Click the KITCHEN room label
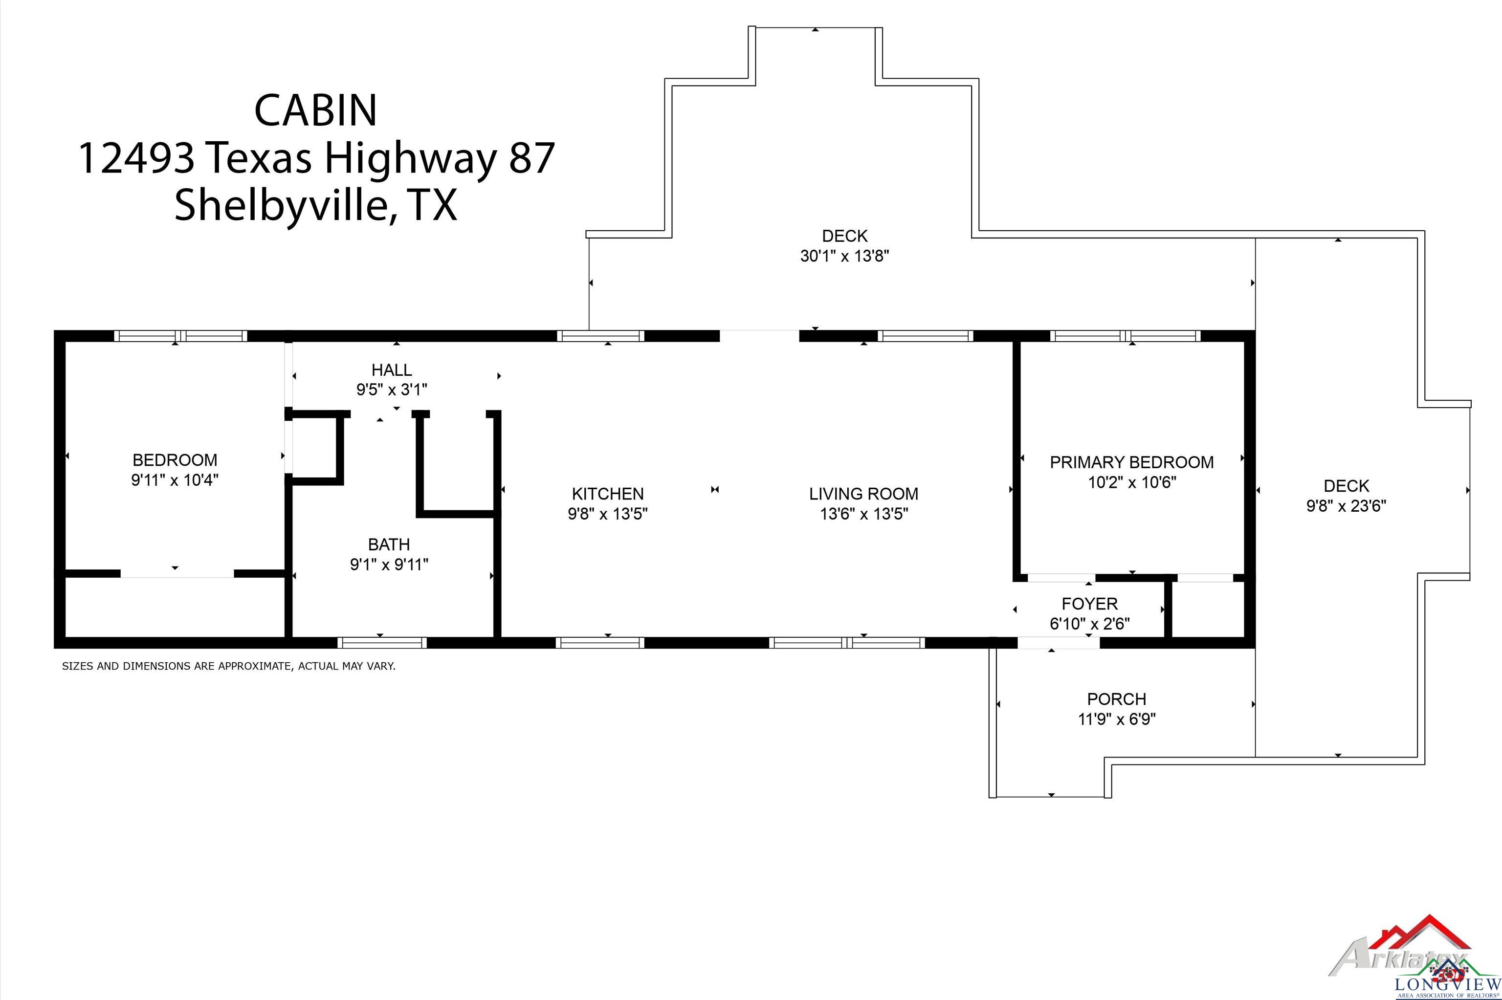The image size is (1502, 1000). click(x=607, y=494)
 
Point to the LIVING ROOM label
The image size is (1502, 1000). click(x=863, y=494)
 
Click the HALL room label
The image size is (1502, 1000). click(x=392, y=370)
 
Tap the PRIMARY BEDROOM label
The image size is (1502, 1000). click(x=1131, y=462)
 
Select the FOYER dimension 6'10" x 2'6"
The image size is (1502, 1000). click(x=1089, y=624)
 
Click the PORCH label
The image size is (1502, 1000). click(x=1117, y=699)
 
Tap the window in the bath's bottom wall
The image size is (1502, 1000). click(x=382, y=642)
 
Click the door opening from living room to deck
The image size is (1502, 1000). click(x=759, y=335)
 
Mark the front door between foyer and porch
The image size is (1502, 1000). click(x=1058, y=643)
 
